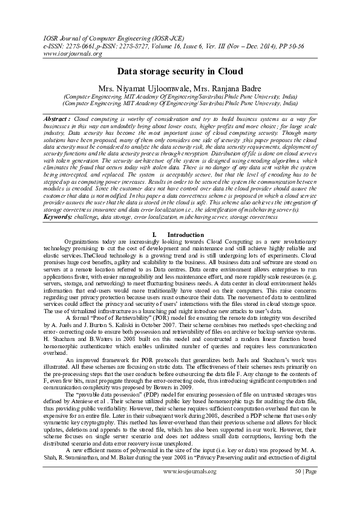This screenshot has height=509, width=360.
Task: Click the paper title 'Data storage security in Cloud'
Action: pyautogui.click(x=180, y=71)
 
